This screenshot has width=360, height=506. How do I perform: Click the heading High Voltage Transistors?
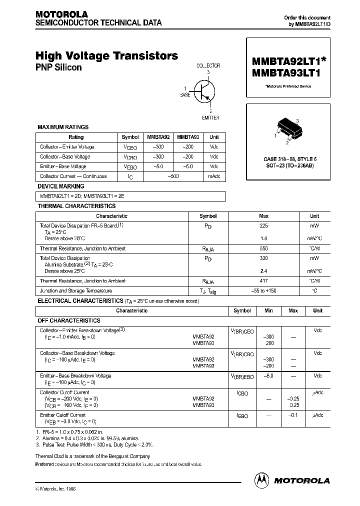[106, 56]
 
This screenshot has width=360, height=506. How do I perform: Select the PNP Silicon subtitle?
[58, 67]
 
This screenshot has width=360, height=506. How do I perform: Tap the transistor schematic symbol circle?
[206, 92]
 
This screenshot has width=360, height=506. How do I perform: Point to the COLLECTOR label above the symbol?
[207, 65]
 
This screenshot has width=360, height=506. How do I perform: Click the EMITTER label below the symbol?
[210, 117]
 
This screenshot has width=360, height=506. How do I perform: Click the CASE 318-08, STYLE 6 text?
[290, 158]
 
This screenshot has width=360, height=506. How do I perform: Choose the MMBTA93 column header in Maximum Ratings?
[188, 137]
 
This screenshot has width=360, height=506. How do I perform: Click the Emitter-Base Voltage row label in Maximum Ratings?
[63, 166]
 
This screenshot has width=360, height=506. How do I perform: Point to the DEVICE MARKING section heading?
[62, 186]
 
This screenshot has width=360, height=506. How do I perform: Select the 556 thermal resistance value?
[263, 248]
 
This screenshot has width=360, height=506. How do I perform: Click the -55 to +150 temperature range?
[263, 291]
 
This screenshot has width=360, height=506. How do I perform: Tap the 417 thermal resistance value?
[263, 281]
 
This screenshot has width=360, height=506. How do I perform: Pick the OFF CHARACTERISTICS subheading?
[69, 320]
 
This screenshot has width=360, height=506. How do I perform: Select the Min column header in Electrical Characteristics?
[268, 310]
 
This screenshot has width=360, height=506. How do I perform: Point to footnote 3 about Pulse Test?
[95, 444]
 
